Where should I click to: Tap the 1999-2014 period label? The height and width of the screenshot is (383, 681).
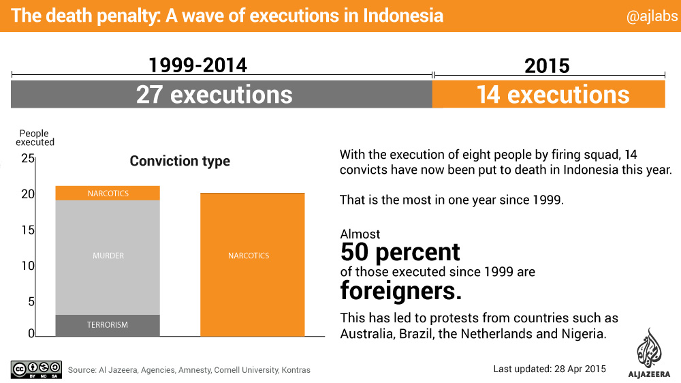[x=197, y=65]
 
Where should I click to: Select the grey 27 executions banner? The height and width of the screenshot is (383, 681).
[x=221, y=94]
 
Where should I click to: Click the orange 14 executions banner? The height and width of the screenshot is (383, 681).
[x=549, y=94]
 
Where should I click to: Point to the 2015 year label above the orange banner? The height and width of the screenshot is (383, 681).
[x=547, y=65]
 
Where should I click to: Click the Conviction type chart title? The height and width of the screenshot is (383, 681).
[x=180, y=162]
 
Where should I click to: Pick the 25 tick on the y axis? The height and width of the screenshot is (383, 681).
[x=27, y=159]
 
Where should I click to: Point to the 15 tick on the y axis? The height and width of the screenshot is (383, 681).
[x=27, y=230]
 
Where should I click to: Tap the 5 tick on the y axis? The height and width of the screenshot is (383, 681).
[x=30, y=301]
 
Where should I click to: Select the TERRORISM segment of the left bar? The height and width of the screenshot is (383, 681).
[x=107, y=325]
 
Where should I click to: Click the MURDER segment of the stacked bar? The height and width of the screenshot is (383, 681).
[x=108, y=256]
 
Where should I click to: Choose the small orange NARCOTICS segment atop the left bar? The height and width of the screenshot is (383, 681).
[x=108, y=194]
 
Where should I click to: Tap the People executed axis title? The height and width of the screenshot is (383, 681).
[x=35, y=138]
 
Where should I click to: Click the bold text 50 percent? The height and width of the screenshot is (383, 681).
[x=400, y=252]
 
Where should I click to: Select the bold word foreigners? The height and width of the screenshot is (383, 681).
[x=401, y=292]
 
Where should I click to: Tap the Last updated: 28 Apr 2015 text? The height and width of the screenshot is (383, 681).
[x=549, y=369]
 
